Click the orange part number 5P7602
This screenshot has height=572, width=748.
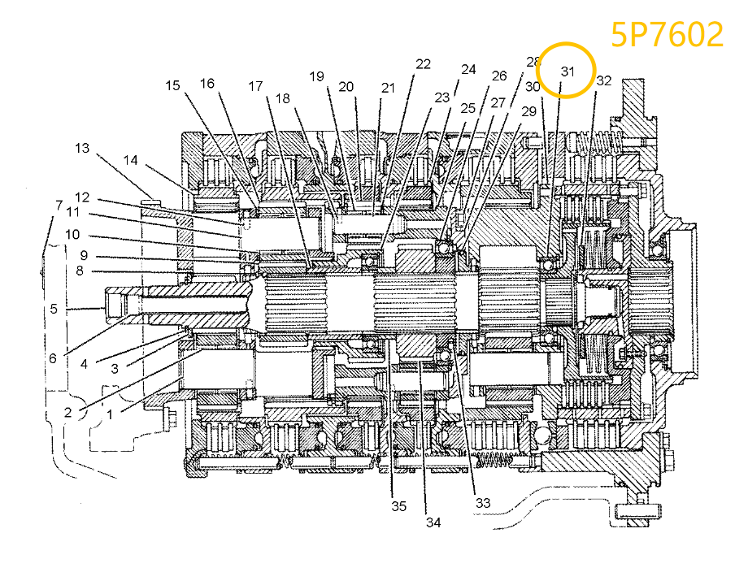[x=668, y=35]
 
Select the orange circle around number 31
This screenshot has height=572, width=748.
[x=568, y=71]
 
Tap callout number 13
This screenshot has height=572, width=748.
[x=82, y=148]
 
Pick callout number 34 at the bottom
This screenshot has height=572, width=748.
[x=433, y=522]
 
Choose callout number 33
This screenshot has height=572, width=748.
[x=483, y=503]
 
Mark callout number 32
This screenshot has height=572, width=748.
[x=603, y=80]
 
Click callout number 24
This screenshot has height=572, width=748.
[x=468, y=70]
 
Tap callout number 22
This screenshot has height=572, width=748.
[x=423, y=64]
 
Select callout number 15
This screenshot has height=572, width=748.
[x=172, y=84]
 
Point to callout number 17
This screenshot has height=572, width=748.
[x=256, y=86]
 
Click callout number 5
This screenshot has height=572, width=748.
[x=54, y=309]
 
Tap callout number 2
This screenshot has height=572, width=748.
[x=68, y=412]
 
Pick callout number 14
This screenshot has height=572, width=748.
[x=131, y=160]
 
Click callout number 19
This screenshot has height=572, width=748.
[x=316, y=77]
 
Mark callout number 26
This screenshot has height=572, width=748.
[x=499, y=76]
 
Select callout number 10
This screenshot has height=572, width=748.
[x=72, y=234]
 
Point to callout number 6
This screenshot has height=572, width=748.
[x=54, y=358]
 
